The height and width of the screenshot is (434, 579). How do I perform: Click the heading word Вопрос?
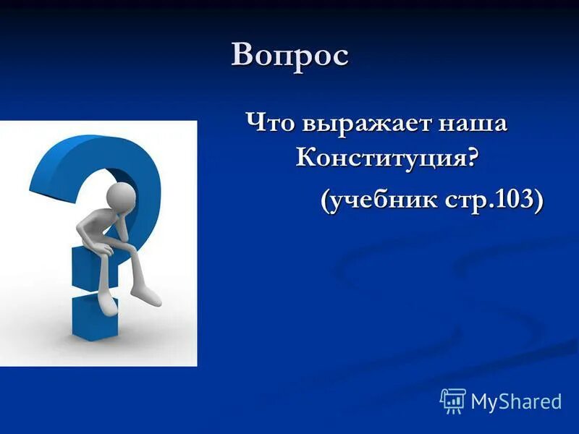[x=289, y=56]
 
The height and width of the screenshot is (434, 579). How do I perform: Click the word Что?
[x=269, y=122]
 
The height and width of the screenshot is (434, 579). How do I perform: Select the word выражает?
[x=360, y=124]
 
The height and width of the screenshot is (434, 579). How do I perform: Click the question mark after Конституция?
[x=471, y=156]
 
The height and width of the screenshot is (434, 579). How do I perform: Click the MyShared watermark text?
[x=516, y=401]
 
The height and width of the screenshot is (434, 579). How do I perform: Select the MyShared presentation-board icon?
[x=453, y=401]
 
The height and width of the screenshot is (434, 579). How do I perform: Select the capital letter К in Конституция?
[x=308, y=157]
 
